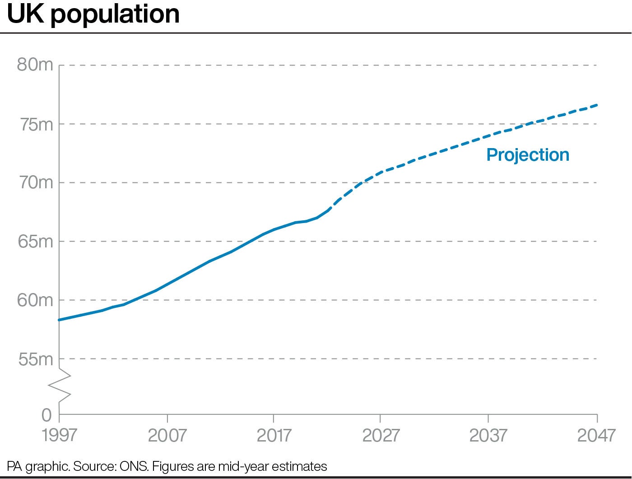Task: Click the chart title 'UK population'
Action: point(93,14)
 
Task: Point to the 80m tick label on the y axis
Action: point(35,65)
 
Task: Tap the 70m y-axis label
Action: point(35,183)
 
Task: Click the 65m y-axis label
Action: point(35,242)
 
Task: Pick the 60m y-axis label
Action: point(35,300)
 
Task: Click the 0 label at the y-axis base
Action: point(46,415)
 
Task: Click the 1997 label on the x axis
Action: point(60,436)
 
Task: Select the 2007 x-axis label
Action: point(167,436)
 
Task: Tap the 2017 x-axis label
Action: point(274,436)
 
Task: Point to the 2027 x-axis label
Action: point(381,436)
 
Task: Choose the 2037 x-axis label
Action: point(488,436)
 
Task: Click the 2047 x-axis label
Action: point(596,436)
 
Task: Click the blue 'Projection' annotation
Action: point(528,155)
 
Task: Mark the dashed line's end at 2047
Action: point(597,105)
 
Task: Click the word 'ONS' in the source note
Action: point(134,466)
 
